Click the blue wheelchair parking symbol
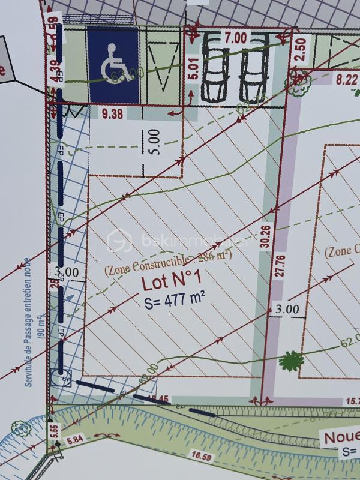[x=114, y=65]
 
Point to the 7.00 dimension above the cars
[x=236, y=37]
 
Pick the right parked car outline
[x=253, y=67]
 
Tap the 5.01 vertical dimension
[x=193, y=69]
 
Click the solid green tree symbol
[x=292, y=361]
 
